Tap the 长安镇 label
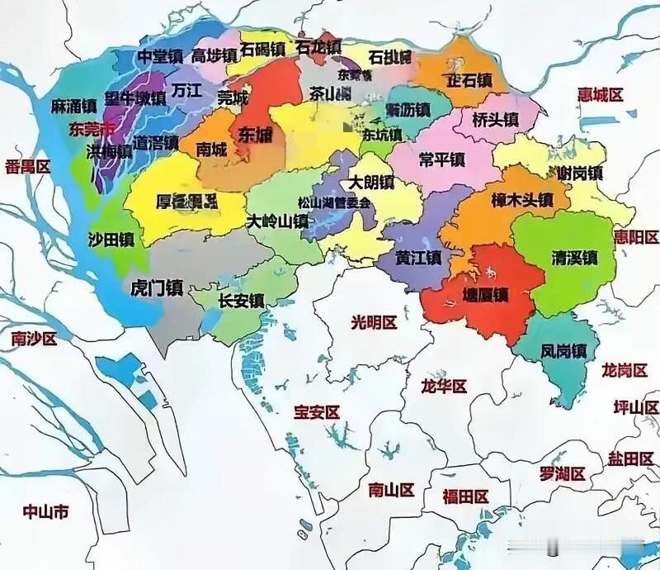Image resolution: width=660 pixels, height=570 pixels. [241, 302]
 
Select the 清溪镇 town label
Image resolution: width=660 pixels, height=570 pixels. [574, 259]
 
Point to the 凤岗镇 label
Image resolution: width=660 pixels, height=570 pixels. [563, 350]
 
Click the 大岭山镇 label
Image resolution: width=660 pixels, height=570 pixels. [278, 221]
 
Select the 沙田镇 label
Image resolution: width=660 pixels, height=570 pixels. [111, 240]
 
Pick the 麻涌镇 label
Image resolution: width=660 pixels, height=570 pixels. [73, 107]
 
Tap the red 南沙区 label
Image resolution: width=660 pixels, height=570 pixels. [34, 339]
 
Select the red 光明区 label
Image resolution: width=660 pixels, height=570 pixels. [374, 321]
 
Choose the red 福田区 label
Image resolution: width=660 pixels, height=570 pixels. [465, 496]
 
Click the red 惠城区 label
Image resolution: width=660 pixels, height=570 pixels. [600, 94]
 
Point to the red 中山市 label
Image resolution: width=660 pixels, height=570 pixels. [46, 512]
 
